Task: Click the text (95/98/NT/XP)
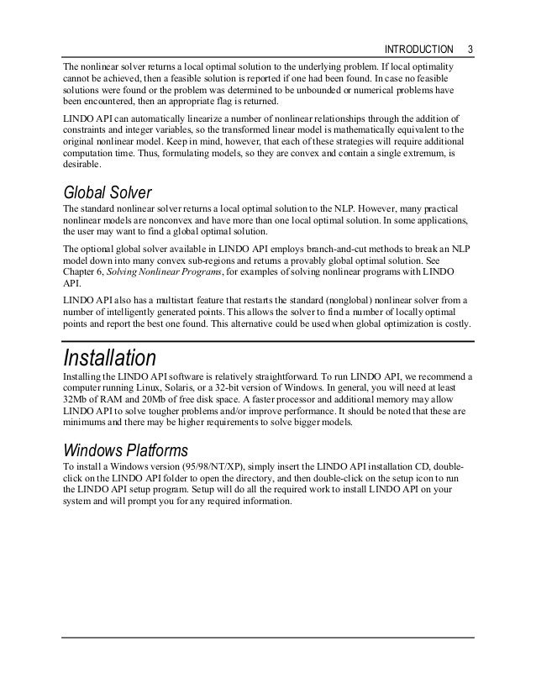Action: click(x=207, y=465)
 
